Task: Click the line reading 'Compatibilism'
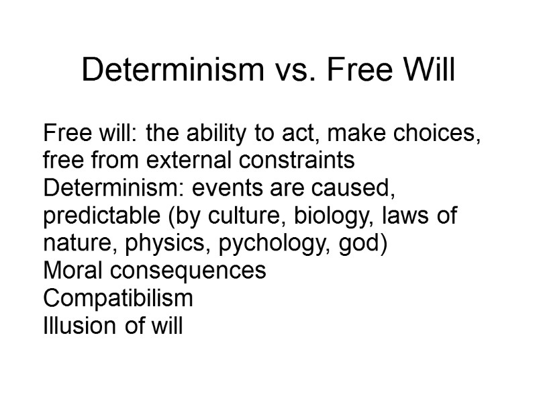tap(117, 299)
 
